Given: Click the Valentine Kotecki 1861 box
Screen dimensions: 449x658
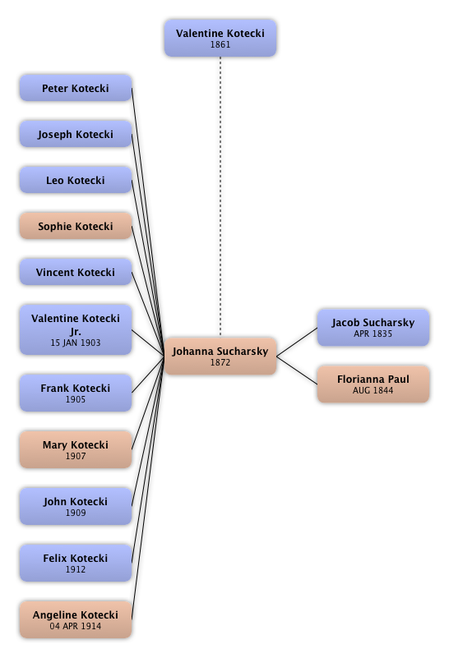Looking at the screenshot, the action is tap(220, 38).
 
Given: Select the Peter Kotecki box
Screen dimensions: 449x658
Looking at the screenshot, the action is tap(76, 88).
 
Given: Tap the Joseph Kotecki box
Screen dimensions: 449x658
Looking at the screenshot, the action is tap(76, 134).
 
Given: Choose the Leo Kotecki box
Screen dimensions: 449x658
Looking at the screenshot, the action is tap(76, 180).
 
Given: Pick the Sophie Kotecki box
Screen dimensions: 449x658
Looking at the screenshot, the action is tap(76, 226).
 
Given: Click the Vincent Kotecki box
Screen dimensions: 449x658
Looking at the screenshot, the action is tap(76, 272).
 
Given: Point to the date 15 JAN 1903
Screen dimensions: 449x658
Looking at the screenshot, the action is tap(76, 343).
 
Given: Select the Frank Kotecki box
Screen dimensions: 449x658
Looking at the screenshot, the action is tap(76, 393).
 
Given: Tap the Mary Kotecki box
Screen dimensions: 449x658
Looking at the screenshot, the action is tap(76, 449).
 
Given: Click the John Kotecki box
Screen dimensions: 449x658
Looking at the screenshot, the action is tap(76, 506).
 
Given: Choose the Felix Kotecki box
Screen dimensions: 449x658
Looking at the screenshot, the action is tap(76, 563).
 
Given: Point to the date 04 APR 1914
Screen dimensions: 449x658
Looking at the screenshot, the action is tap(76, 626).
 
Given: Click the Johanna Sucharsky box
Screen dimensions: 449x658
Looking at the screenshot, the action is tap(220, 356).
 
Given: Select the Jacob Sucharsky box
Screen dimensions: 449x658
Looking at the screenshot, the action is tap(373, 328).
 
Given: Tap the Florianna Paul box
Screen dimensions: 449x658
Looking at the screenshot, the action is tap(373, 384).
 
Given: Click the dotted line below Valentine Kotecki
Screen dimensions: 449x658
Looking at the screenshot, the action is tap(220, 197).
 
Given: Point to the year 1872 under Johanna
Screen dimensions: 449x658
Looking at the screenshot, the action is tap(220, 362).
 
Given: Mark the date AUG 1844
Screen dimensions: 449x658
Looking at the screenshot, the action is tap(373, 390).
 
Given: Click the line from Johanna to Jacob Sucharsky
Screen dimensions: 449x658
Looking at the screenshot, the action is tap(297, 342).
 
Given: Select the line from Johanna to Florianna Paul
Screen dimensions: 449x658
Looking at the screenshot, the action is tap(297, 370).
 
